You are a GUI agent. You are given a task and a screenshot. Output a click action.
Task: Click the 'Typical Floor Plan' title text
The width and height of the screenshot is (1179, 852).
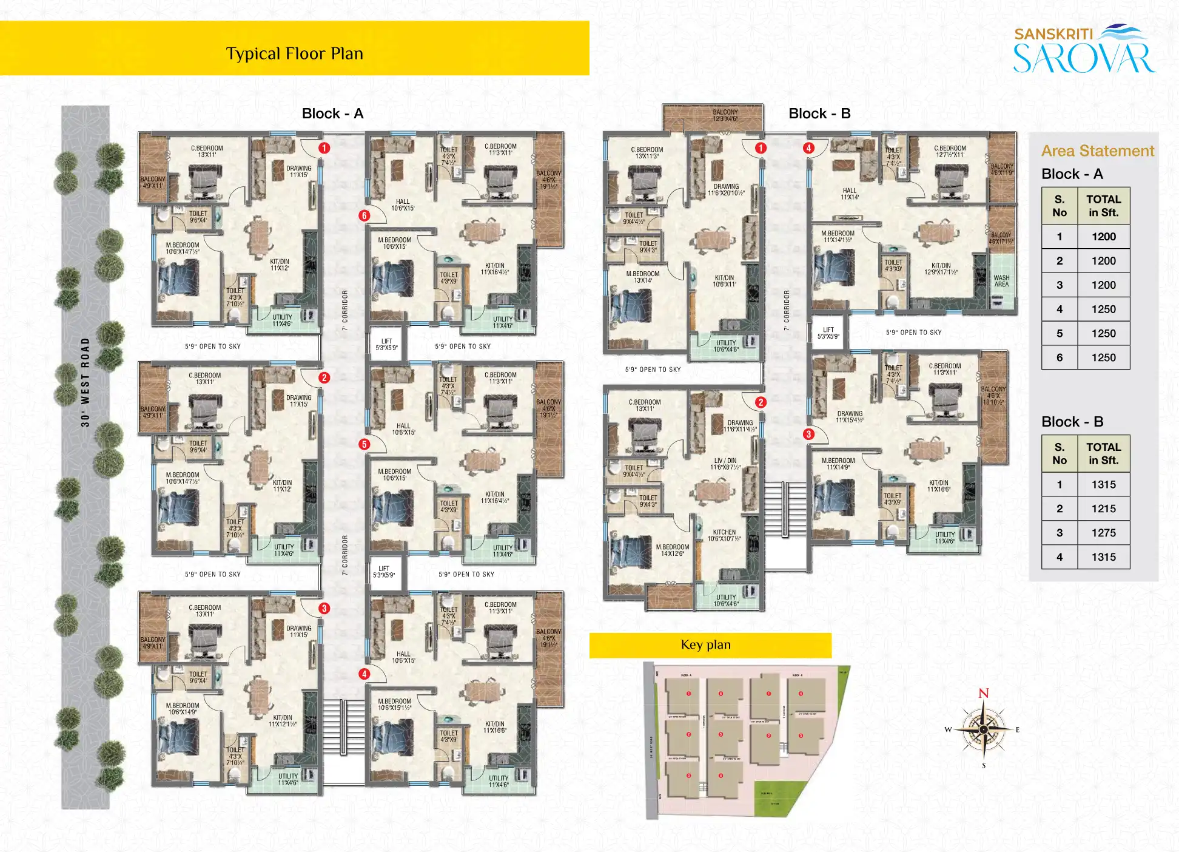(294, 53)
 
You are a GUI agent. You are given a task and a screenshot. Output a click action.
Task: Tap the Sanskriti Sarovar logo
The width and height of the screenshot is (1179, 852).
(1084, 49)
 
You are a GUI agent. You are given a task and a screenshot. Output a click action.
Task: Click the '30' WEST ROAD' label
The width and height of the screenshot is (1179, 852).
(86, 382)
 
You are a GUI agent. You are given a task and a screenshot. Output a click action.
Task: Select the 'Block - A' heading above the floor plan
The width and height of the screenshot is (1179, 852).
(332, 113)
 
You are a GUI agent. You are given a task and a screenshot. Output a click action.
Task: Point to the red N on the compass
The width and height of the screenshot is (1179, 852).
(984, 693)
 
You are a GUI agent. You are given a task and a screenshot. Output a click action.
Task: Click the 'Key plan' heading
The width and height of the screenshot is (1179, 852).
(705, 644)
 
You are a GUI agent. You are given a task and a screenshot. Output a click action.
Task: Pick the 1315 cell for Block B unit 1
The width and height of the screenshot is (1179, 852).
(1103, 484)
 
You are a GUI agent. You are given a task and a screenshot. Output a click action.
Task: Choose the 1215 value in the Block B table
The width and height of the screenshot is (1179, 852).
(1103, 509)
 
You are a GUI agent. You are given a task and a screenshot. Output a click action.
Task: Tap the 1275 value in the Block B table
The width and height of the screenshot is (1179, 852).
(1103, 533)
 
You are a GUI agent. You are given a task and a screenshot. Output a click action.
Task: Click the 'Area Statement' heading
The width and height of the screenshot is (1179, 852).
(1097, 150)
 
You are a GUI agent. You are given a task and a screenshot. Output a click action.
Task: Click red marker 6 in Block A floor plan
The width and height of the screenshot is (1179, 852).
(364, 215)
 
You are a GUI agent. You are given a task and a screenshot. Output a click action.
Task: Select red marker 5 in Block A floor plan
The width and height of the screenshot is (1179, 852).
(364, 444)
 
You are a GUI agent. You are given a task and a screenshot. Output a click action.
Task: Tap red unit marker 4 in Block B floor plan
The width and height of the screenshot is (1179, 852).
(808, 148)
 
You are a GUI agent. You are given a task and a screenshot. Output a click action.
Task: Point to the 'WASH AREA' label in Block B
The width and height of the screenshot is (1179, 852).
(1001, 281)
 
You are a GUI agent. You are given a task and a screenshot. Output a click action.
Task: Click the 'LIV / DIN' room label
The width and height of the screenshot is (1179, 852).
(725, 464)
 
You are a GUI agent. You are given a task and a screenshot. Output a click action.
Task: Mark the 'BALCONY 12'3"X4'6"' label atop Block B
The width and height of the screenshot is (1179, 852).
(725, 115)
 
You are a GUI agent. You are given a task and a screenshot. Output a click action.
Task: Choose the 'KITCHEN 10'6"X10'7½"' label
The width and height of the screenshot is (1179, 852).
(724, 535)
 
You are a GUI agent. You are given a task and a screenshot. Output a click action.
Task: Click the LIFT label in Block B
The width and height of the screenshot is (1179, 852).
(828, 333)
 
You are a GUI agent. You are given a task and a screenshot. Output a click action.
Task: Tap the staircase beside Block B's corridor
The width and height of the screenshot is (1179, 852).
(785, 509)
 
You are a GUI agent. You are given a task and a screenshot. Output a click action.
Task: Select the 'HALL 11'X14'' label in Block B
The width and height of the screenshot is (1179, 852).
(849, 194)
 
